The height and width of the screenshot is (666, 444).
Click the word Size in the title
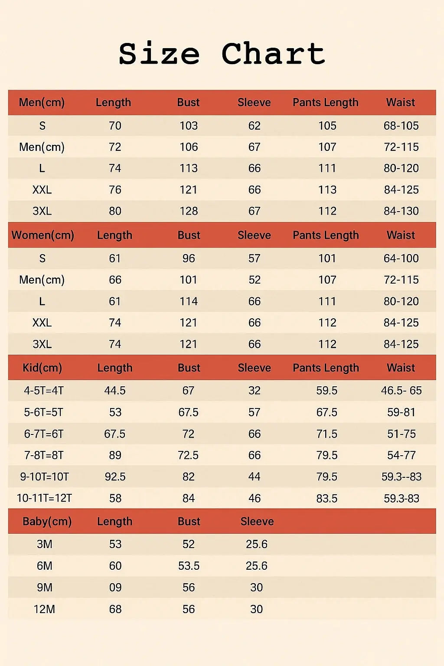[159, 54]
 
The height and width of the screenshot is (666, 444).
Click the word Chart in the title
[273, 54]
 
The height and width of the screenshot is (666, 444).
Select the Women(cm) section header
[42, 235]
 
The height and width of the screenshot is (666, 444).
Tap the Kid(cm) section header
[42, 368]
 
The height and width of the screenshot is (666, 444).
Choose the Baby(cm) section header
[47, 521]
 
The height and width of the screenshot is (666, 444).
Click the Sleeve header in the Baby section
[257, 521]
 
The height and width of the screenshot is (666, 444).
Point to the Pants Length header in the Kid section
[326, 368]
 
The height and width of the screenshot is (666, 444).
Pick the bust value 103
[189, 126]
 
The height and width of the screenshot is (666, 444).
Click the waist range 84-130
[401, 211]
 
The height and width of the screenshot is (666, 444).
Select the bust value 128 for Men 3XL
[189, 211]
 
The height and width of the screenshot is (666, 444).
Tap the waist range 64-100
[401, 258]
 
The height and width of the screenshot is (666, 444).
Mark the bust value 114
[189, 301]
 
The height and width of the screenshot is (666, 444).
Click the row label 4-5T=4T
[44, 391]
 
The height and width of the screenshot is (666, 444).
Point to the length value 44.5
[115, 391]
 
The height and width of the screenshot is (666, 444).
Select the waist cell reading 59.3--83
[402, 477]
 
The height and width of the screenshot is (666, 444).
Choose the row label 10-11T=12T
[44, 498]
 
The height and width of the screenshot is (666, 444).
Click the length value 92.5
[115, 477]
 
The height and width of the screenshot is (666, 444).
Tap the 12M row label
[44, 609]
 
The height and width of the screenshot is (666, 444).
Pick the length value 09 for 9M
[115, 588]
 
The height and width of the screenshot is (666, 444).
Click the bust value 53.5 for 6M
[189, 566]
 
